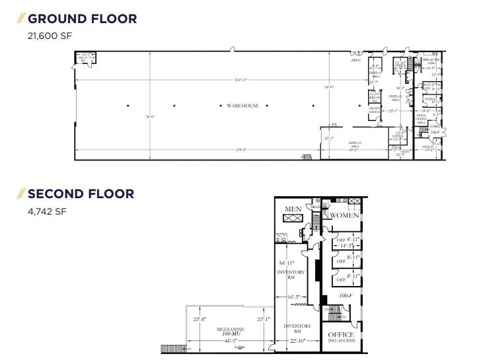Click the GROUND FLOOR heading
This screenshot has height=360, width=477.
coord(82,18)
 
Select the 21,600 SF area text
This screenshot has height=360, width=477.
coord(48,37)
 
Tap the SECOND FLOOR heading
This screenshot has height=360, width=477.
coord(81,194)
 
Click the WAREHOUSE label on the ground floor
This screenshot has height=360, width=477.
coord(242,106)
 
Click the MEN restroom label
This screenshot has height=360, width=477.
coord(293,209)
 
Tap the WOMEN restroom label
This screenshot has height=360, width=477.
coord(345,215)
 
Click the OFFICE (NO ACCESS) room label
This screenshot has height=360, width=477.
coord(341,337)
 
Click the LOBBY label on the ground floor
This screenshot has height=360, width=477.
coord(434,126)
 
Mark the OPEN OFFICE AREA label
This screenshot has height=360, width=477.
coord(420,119)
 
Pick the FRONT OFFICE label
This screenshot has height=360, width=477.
coord(374,110)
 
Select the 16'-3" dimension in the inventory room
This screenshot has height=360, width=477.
coord(294,297)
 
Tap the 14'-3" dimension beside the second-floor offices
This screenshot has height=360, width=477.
coord(346,246)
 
